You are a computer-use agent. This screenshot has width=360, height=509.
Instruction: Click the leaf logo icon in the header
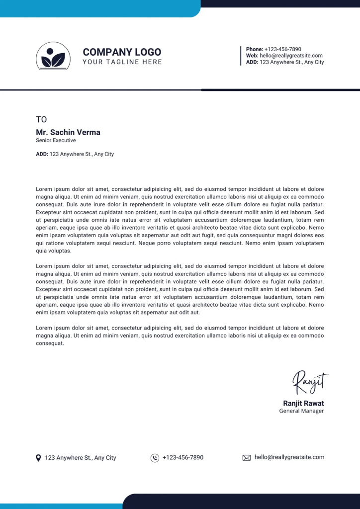[53, 56]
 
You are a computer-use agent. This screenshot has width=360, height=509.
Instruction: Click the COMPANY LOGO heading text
[122, 52]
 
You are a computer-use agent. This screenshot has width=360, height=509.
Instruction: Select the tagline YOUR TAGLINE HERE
[122, 62]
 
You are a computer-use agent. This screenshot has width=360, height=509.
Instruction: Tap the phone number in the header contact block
[282, 49]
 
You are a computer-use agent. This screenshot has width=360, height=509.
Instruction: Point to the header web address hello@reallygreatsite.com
[291, 56]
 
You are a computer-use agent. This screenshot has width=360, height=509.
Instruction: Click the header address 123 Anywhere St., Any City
[291, 62]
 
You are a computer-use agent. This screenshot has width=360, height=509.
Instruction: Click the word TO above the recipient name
[41, 119]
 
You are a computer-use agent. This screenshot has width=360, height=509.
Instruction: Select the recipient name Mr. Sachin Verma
[68, 132]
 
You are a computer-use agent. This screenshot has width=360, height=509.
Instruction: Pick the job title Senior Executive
[56, 141]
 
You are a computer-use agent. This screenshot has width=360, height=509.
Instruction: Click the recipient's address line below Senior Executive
[75, 154]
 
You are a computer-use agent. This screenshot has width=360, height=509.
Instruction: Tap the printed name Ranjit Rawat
[303, 403]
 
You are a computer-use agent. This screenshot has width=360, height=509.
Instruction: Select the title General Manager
[301, 411]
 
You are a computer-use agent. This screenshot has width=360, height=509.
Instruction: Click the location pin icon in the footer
[38, 458]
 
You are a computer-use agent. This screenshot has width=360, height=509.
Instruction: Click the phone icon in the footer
[155, 458]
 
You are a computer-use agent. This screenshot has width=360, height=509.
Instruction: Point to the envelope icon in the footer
[246, 458]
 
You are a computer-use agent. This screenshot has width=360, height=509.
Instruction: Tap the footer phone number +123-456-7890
[183, 457]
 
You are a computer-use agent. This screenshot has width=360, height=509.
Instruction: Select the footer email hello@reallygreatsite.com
[289, 457]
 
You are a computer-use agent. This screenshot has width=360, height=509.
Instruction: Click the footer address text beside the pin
[81, 458]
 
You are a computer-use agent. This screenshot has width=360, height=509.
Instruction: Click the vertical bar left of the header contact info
[241, 56]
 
